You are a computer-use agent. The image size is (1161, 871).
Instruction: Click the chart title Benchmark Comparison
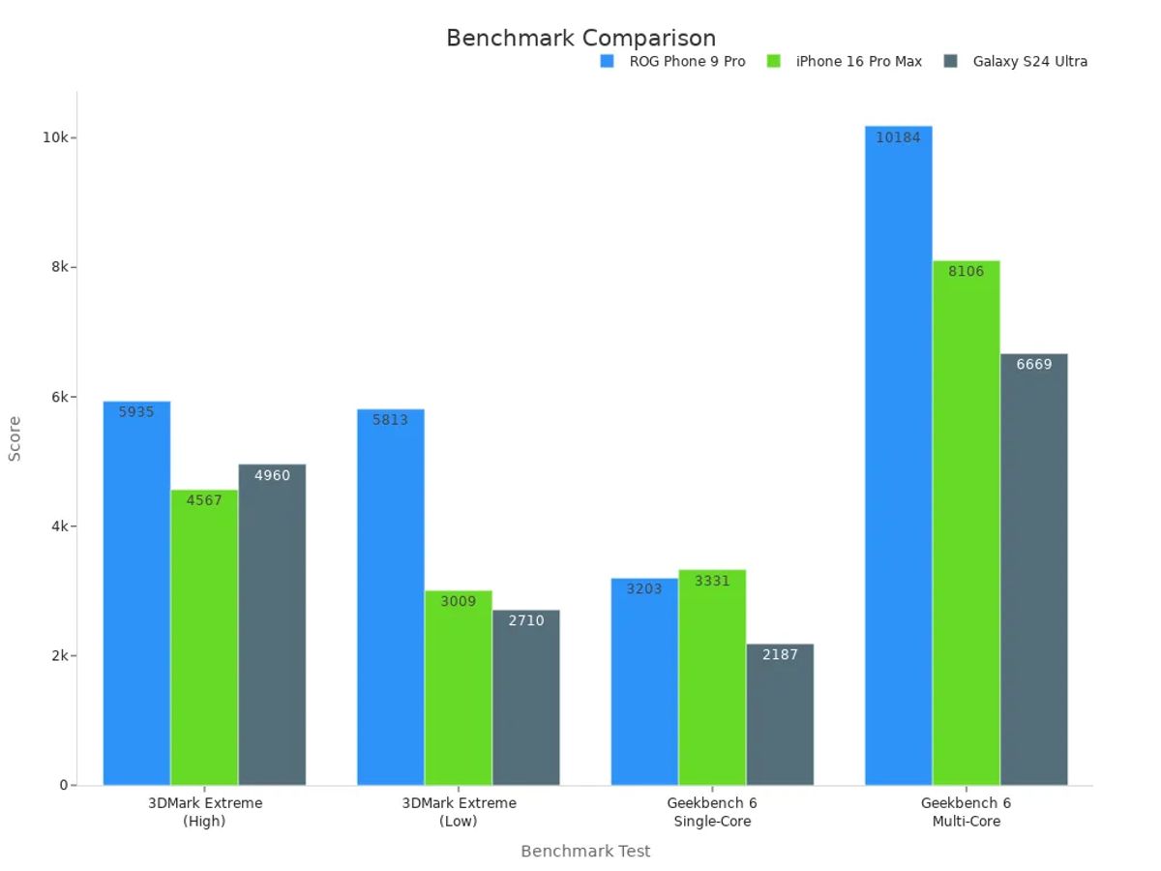(580, 38)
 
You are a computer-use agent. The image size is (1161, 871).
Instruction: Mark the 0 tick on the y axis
(63, 785)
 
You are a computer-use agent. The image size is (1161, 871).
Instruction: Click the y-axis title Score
(15, 438)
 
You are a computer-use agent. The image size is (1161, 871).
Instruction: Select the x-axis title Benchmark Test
(585, 851)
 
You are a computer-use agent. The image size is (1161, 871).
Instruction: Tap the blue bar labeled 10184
(898, 455)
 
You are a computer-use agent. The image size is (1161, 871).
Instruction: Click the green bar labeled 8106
(966, 523)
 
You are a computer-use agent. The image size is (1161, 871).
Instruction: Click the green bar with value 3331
(712, 677)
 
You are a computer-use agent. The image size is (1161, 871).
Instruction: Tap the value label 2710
(525, 620)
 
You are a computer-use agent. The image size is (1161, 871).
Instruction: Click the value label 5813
(390, 420)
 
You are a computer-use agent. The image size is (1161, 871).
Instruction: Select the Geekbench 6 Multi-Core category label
(966, 812)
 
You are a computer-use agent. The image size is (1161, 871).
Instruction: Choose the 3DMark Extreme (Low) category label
(459, 812)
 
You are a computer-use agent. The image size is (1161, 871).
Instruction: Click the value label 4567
(204, 500)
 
